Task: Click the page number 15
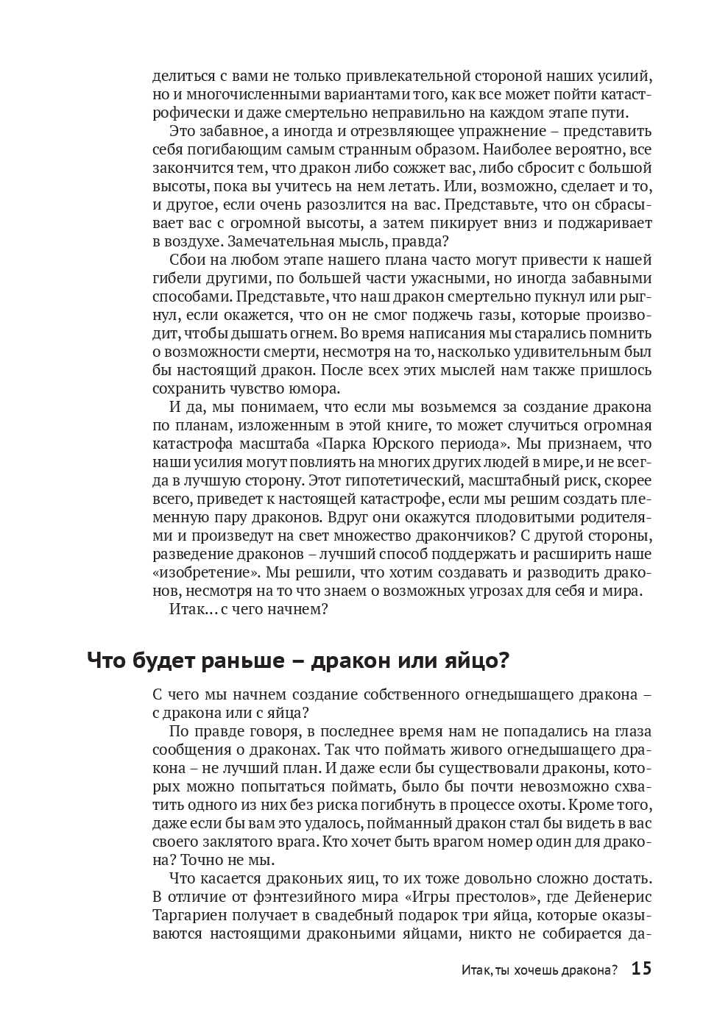pyautogui.click(x=641, y=969)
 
